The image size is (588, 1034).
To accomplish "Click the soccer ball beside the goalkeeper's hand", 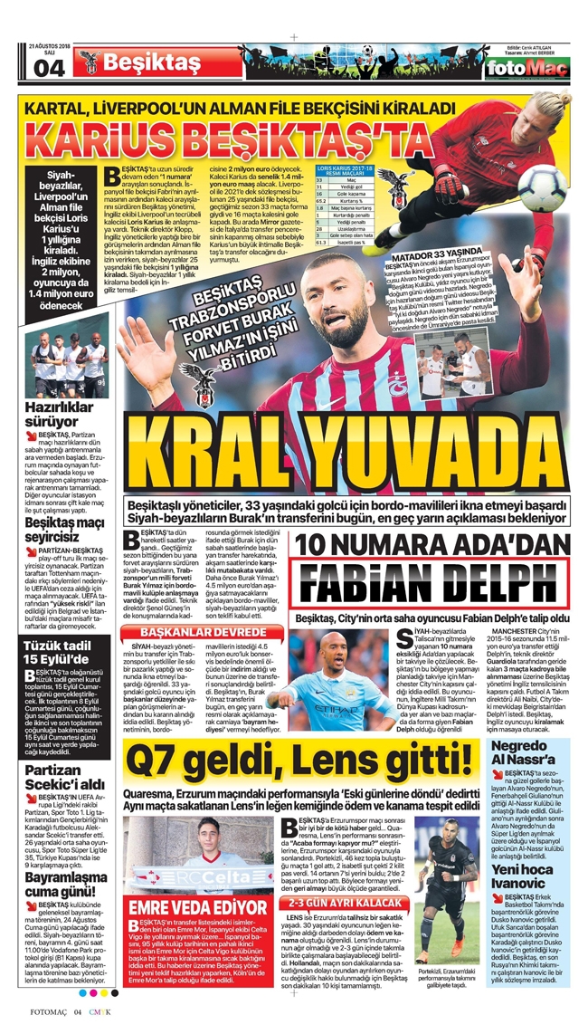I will click(x=541, y=187).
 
